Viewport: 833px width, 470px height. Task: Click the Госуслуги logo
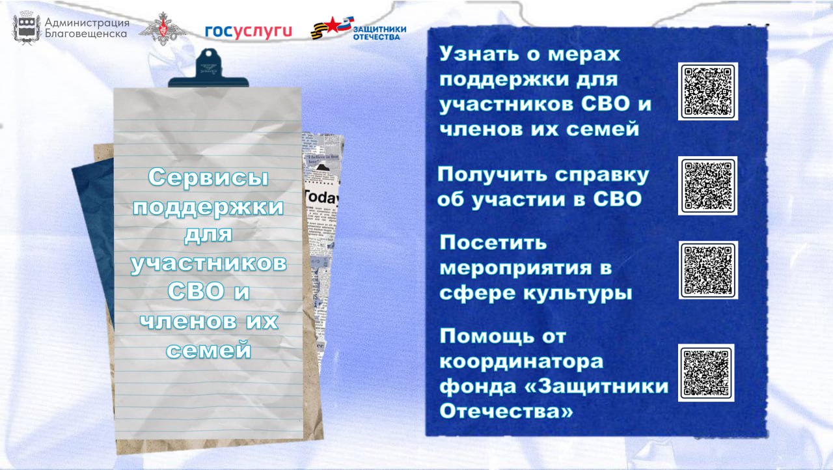[249, 31]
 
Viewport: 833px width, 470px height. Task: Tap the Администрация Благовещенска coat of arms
[27, 27]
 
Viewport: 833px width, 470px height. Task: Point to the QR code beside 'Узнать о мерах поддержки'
[707, 91]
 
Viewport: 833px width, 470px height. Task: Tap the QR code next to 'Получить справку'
[707, 186]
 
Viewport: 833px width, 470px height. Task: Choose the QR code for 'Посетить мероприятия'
[707, 270]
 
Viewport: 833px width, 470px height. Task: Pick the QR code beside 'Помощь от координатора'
[706, 372]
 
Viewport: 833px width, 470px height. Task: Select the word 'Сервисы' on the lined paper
[208, 177]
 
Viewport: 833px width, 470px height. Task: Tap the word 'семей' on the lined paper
[208, 350]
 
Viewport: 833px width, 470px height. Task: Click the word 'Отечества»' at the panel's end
[507, 411]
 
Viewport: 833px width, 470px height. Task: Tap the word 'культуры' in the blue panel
[577, 293]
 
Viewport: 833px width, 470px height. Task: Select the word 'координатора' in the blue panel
[521, 361]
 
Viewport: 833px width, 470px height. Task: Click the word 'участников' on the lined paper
[208, 264]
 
